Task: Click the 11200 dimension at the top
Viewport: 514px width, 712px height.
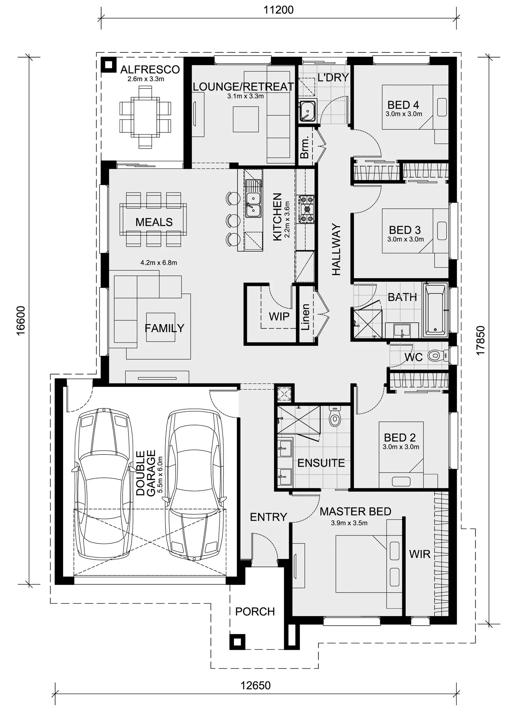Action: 278,10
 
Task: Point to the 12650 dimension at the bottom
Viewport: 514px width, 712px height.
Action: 255,685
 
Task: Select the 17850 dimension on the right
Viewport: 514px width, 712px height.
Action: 480,340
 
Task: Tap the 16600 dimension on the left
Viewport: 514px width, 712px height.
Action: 21,320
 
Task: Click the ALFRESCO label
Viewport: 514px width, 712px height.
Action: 150,70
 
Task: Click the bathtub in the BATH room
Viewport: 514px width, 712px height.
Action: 435,309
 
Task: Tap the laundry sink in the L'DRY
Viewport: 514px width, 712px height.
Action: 307,110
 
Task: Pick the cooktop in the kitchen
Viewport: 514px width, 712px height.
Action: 307,209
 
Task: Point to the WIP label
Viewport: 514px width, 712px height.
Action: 279,316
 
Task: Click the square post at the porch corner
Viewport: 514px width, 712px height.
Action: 237,641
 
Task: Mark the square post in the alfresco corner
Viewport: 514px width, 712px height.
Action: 109,65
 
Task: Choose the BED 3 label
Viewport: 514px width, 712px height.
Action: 405,230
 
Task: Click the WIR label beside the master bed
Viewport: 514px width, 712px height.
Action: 419,554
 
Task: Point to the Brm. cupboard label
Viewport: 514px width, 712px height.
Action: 304,148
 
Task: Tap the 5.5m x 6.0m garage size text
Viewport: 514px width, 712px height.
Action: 160,474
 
